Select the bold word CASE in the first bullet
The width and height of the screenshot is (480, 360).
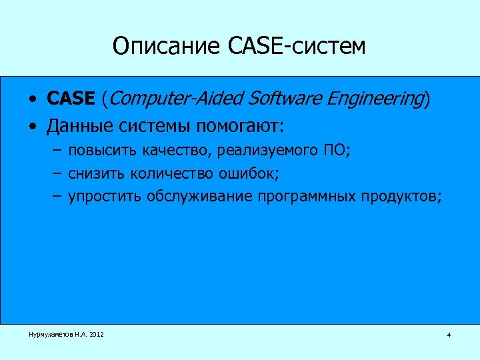tap(71, 99)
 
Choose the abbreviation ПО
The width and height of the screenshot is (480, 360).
tap(335, 151)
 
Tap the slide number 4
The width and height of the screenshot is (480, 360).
tap(449, 335)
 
